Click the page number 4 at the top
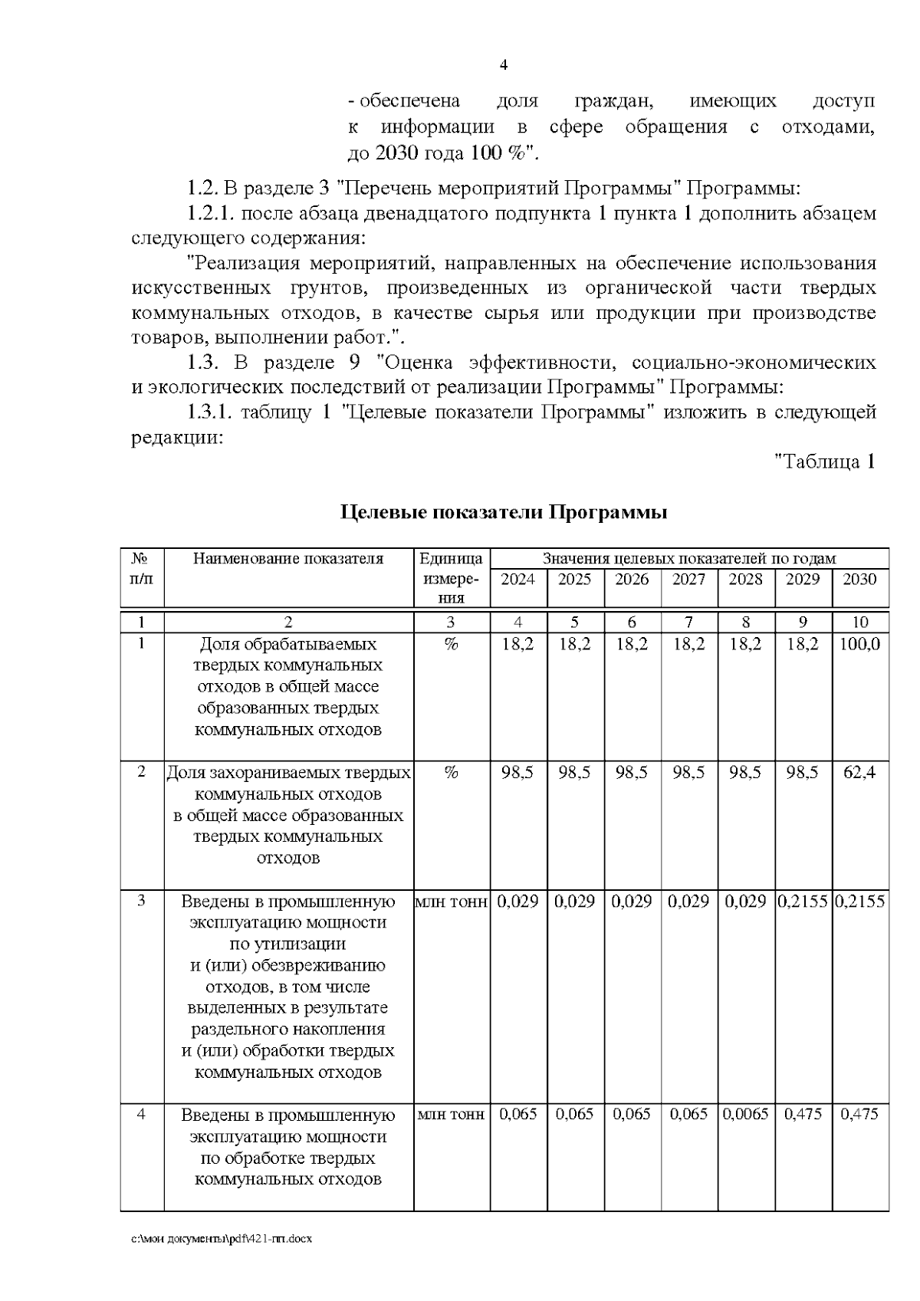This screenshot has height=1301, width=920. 503,65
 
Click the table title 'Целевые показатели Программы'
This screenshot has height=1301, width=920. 503,512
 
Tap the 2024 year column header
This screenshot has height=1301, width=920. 517,580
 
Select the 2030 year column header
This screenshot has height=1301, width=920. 859,580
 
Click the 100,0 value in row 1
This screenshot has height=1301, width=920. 859,645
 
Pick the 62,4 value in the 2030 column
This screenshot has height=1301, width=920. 859,773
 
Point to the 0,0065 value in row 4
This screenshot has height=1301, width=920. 745,1115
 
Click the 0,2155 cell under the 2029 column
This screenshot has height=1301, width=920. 803,902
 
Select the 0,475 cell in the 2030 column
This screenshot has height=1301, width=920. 859,1115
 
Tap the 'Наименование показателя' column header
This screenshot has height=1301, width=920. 288,559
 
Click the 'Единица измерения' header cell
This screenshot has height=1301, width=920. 451,579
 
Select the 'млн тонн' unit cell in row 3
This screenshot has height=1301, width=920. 451,902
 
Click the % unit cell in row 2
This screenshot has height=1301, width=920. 451,773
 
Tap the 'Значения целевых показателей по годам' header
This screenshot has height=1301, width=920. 688,559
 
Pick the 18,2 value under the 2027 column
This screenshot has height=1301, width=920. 688,645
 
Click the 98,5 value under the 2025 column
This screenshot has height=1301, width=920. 574,773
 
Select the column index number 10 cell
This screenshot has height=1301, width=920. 859,623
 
